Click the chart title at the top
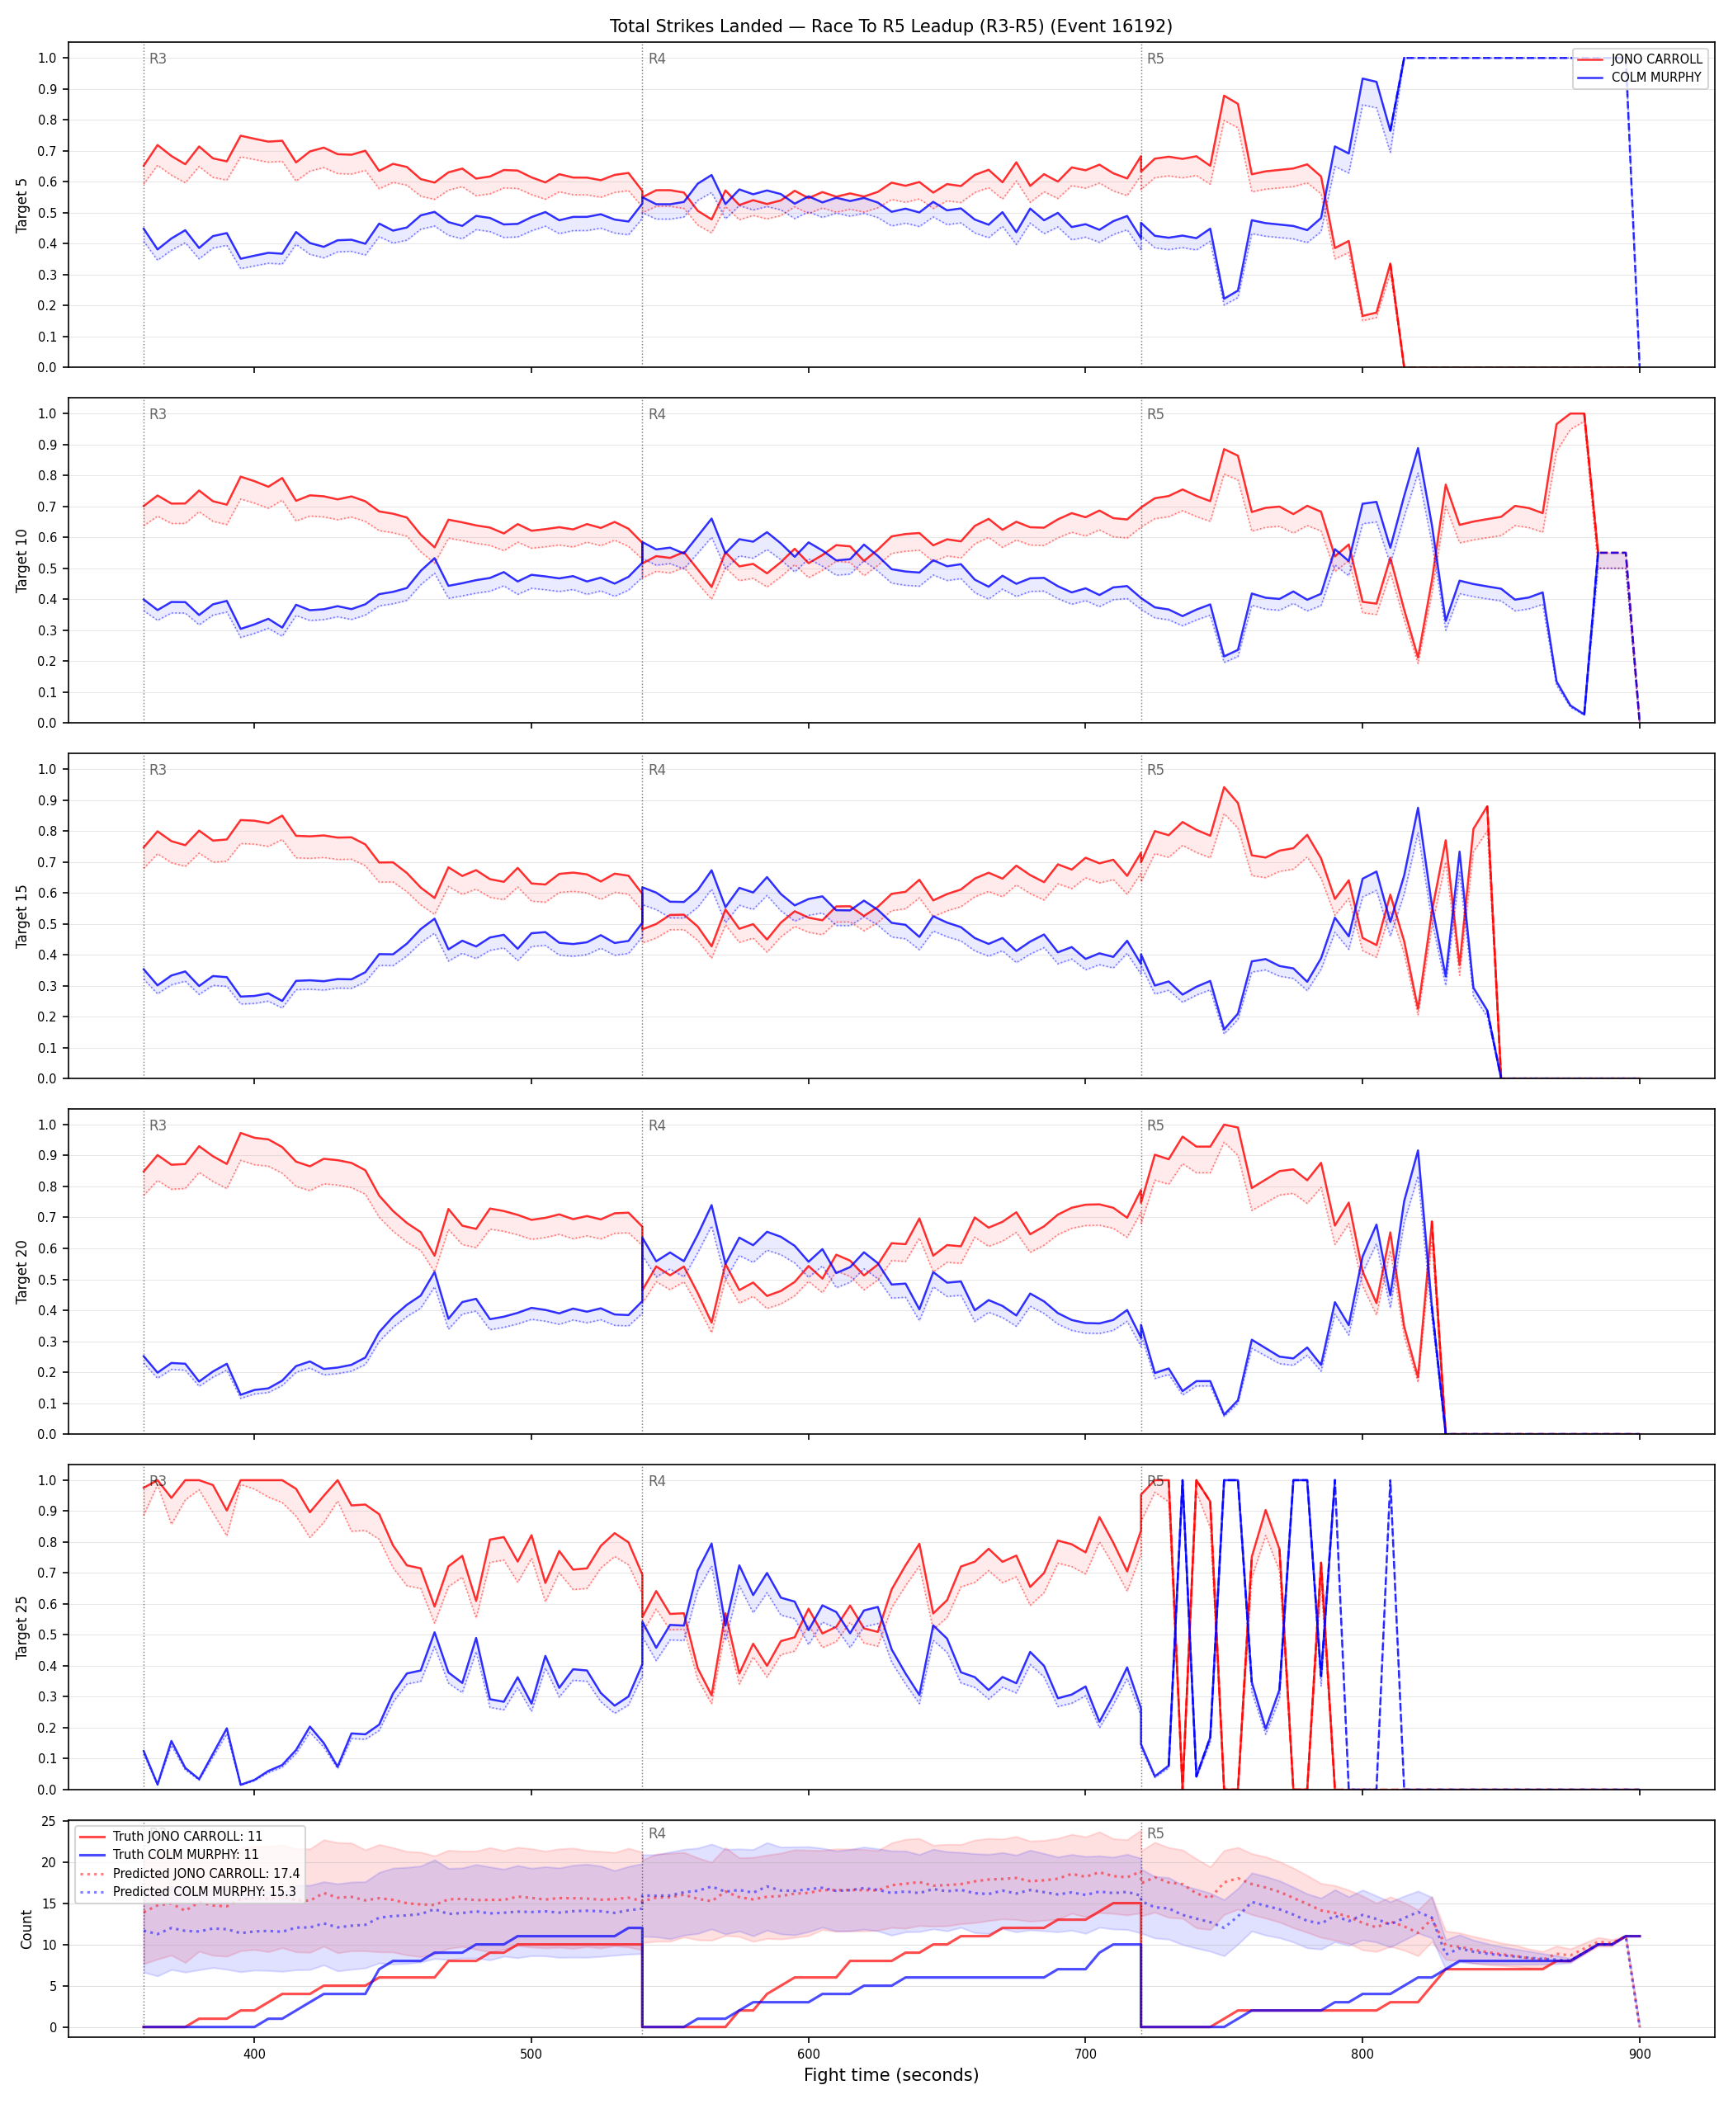click(x=890, y=26)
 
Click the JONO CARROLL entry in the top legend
click(x=1656, y=59)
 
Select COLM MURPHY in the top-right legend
click(x=1656, y=77)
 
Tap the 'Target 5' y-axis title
click(x=22, y=205)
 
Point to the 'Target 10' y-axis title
click(x=22, y=560)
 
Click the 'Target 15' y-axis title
click(x=22, y=915)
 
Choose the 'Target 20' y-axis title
click(x=22, y=1271)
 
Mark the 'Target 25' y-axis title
click(x=22, y=1627)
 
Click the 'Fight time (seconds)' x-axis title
click(x=890, y=2075)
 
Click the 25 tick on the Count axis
click(x=48, y=1822)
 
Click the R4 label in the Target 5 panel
click(x=657, y=59)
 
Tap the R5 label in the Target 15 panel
click(x=1155, y=770)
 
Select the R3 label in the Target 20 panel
click(x=158, y=1125)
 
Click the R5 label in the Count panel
click(x=1155, y=1833)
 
